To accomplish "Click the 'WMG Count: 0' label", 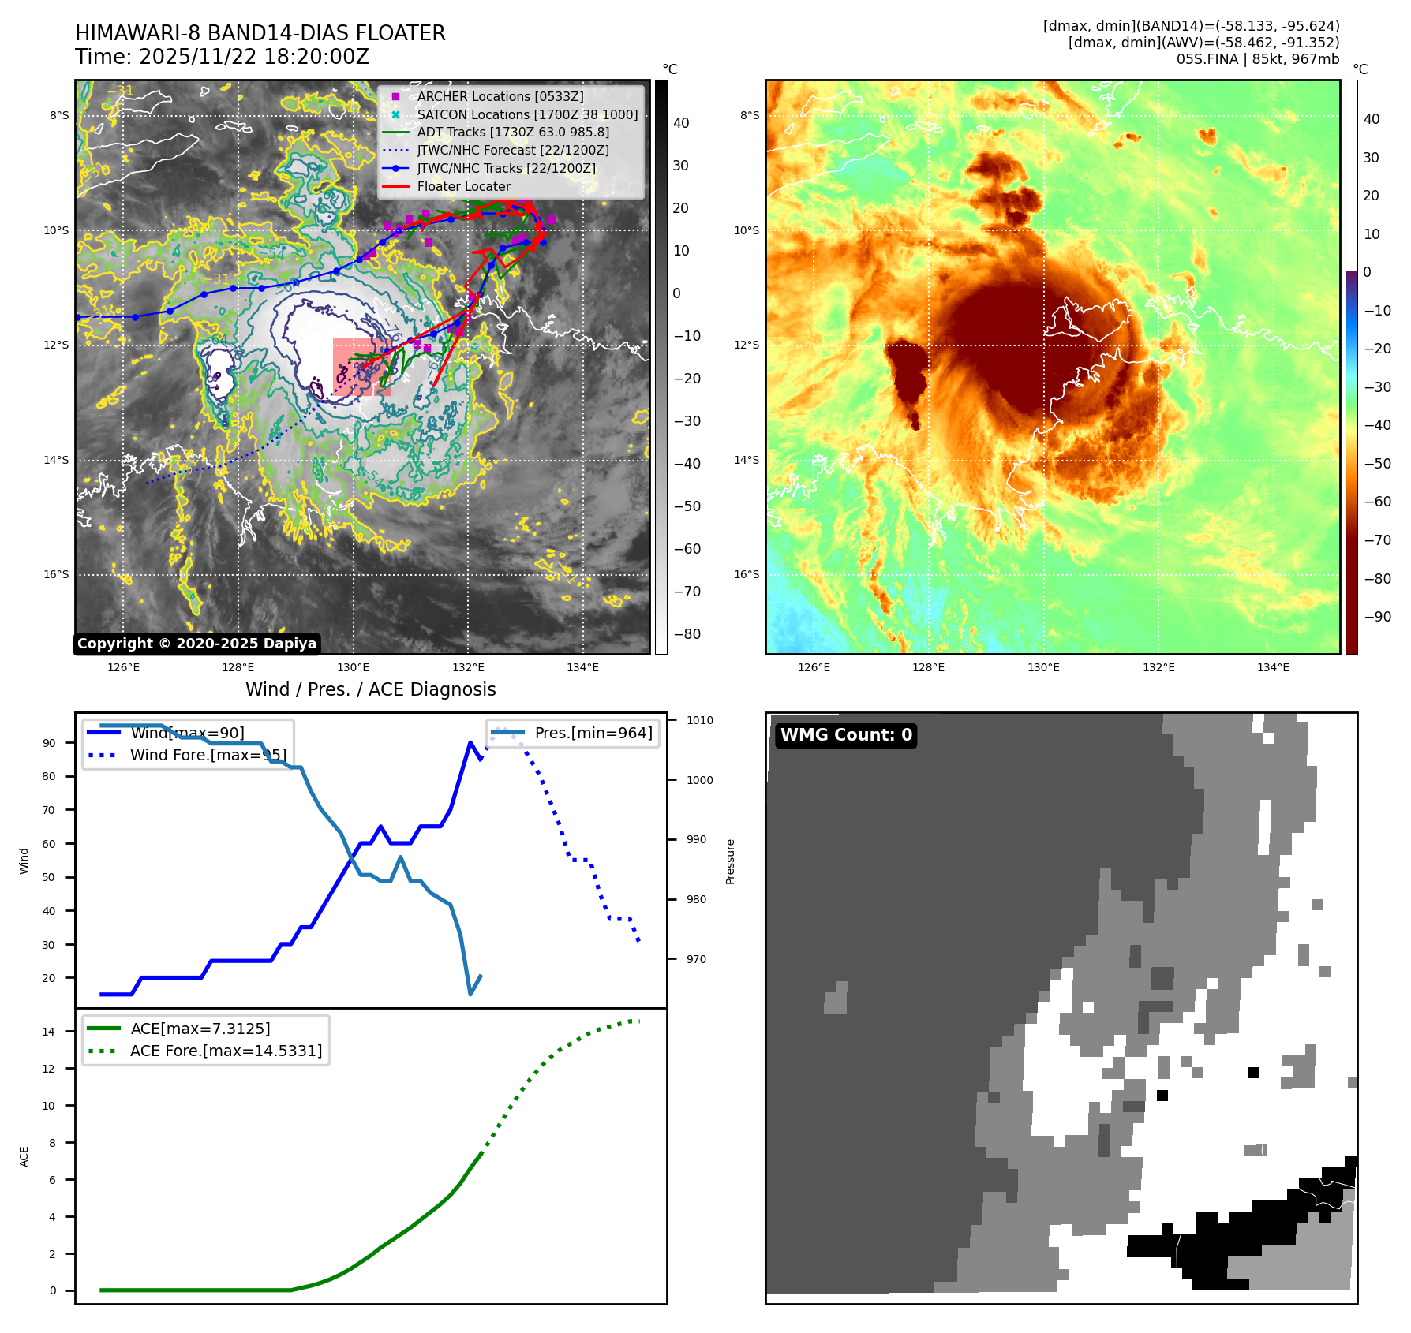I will pos(845,735).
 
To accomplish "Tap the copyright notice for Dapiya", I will pos(196,644).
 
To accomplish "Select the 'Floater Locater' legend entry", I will pos(463,187).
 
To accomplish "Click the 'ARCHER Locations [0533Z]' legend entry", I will pos(500,96).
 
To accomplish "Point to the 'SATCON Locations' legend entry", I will pos(527,114).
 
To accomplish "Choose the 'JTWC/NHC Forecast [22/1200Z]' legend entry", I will pos(512,150).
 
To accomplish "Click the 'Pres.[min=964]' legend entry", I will pos(593,734).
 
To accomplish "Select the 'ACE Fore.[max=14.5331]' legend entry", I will pos(226,1051).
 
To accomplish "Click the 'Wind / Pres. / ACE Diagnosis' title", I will pos(371,689).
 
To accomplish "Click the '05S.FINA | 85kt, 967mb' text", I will pos(1257,59).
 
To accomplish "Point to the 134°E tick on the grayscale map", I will pos(582,667).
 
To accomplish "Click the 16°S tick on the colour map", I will pos(746,574).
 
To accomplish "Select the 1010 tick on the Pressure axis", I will pos(699,720).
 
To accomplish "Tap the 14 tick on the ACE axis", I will pos(49,1032).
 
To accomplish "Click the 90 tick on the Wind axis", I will pos(49,743).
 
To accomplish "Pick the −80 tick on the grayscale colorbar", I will pos(687,634).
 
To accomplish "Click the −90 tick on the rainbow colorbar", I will pos(1378,617).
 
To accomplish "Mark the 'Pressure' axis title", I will pos(730,861).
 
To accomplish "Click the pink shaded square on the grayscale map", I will pos(361,367).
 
